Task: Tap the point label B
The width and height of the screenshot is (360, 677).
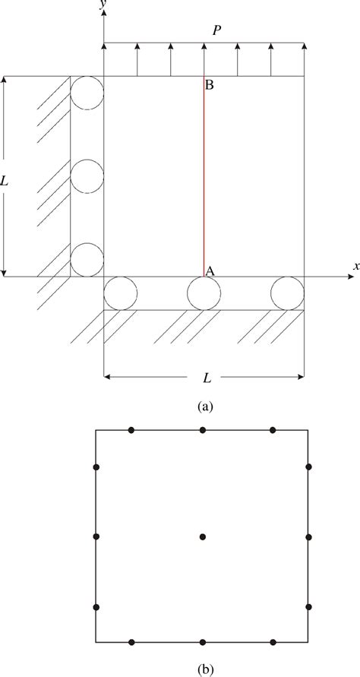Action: point(210,85)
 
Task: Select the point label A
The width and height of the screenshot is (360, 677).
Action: point(210,270)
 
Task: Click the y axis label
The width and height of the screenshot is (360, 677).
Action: point(102,4)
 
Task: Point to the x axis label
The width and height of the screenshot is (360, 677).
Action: point(356,267)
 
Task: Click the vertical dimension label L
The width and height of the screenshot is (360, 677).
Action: point(5,182)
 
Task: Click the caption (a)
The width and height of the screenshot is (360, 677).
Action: point(204,407)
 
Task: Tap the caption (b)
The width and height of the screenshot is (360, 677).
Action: point(204,669)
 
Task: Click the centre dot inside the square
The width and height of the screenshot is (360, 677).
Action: point(203,536)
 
